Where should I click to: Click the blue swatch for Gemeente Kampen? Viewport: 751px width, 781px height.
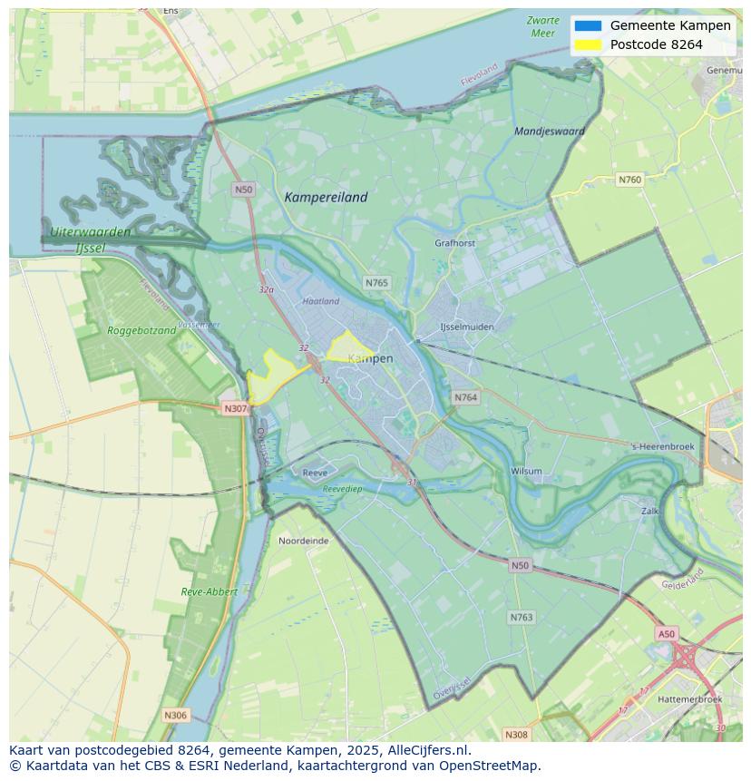[x=588, y=25]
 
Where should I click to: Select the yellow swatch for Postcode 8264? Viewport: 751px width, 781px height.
[x=588, y=44]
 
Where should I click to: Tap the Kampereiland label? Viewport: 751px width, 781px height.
[x=326, y=197]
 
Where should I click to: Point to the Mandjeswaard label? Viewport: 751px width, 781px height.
[x=549, y=131]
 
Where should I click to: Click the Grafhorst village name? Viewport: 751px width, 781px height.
[x=454, y=243]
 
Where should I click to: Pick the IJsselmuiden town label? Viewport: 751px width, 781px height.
[x=466, y=327]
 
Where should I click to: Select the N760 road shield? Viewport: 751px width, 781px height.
[x=629, y=180]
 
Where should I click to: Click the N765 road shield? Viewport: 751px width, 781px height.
[x=376, y=283]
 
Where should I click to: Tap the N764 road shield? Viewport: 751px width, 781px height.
[x=465, y=397]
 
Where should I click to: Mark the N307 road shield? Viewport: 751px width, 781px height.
[x=235, y=408]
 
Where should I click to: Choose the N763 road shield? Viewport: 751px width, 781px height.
[x=521, y=617]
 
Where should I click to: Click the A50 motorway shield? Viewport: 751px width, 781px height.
[x=667, y=634]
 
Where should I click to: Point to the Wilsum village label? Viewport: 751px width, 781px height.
[x=526, y=472]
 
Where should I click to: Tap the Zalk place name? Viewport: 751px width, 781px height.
[x=649, y=512]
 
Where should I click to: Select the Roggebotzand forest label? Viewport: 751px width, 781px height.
[x=141, y=331]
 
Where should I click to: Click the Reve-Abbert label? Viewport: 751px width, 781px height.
[x=209, y=591]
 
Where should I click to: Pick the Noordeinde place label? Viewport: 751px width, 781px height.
[x=303, y=541]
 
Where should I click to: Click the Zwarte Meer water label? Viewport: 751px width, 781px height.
[x=542, y=26]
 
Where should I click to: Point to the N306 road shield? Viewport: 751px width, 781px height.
[x=175, y=716]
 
